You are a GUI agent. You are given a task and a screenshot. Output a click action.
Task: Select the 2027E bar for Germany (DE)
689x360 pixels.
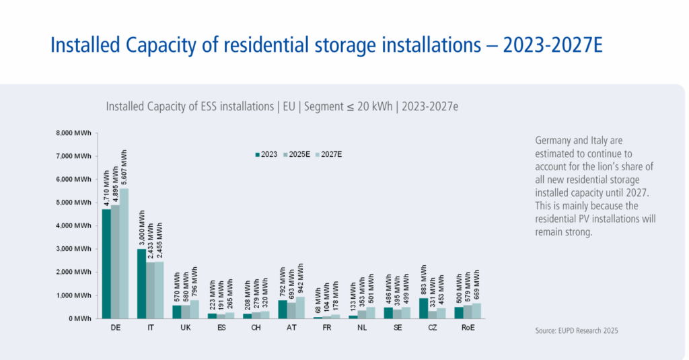[x=124, y=253]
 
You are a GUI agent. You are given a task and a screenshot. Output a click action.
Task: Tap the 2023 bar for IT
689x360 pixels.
[x=141, y=283]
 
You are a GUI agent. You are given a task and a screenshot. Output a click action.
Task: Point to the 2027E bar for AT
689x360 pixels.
[x=300, y=307]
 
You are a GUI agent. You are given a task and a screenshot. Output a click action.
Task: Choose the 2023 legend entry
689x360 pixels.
[x=267, y=154]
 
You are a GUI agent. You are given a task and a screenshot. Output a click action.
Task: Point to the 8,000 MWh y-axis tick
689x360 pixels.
[x=73, y=133]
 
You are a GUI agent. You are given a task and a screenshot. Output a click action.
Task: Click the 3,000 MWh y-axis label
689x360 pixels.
[x=73, y=249]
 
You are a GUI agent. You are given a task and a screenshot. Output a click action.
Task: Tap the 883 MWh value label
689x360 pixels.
[x=423, y=279]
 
